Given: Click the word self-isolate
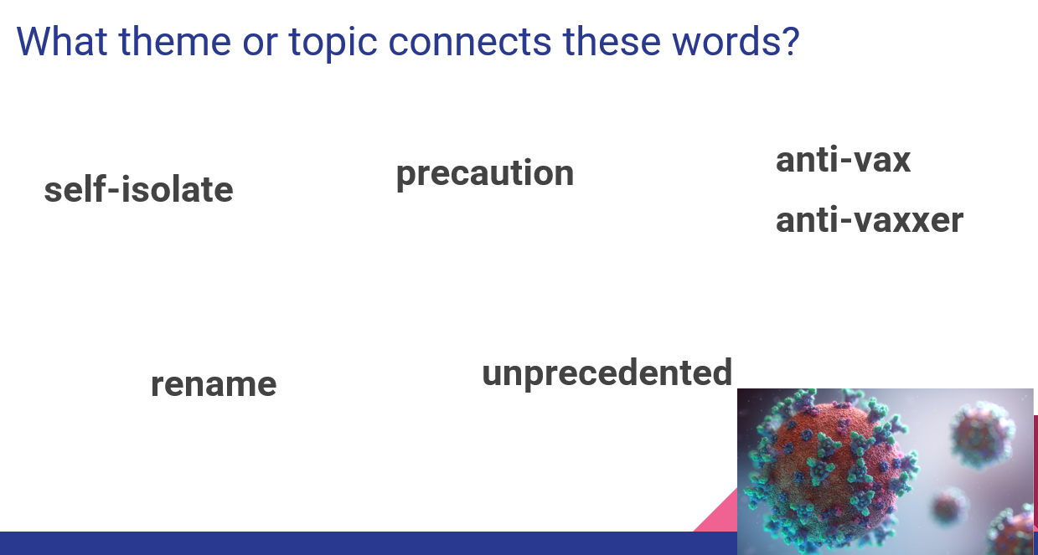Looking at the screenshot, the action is (x=138, y=189).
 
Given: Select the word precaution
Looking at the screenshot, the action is (x=485, y=174).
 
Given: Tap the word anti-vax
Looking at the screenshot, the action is (x=844, y=160).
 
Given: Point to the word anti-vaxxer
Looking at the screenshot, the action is (x=870, y=220).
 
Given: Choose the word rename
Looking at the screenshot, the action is (x=214, y=385).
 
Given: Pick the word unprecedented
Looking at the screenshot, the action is (x=607, y=373).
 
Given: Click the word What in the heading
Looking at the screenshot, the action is (x=62, y=41).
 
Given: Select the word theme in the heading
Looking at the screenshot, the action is (x=175, y=41).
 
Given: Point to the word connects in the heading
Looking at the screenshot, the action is (x=470, y=43).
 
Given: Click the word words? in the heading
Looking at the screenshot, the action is (x=736, y=41).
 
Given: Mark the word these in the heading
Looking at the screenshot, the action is (x=612, y=41).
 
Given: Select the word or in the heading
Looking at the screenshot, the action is (x=260, y=45).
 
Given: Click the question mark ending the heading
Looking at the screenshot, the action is (x=791, y=41).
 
